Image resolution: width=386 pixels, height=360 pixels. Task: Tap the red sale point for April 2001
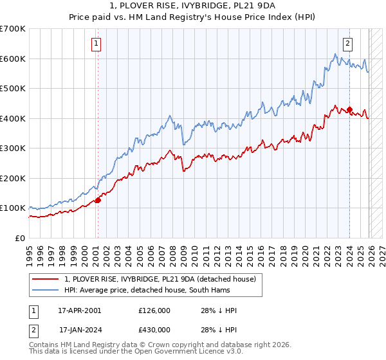[98, 200]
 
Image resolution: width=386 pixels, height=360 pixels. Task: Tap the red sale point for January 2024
[349, 109]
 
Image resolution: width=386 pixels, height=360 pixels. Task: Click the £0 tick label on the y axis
[19, 238]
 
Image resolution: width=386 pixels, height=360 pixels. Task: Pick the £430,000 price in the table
[156, 329]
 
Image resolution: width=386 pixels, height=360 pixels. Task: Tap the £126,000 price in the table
[156, 310]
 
